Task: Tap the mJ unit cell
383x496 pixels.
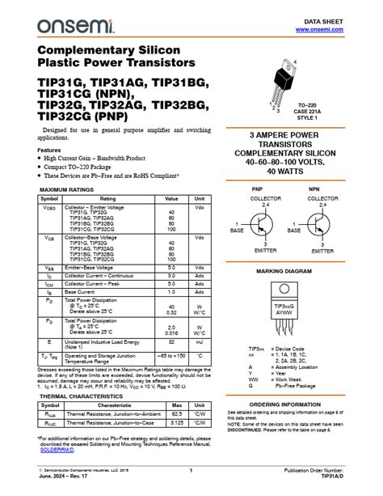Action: [199, 343]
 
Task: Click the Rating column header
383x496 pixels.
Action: [107, 198]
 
